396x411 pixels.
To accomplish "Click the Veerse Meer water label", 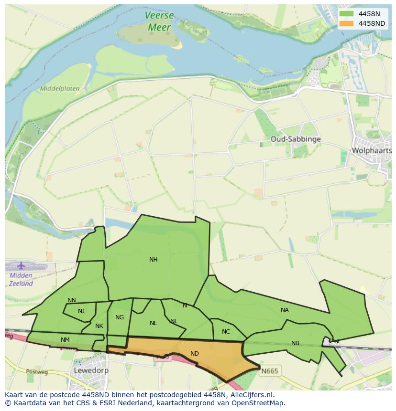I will pyautogui.click(x=159, y=21).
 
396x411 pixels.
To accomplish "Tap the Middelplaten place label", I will pyautogui.click(x=60, y=89).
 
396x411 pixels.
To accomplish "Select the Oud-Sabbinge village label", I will pyautogui.click(x=295, y=139).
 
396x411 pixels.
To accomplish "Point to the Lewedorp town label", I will pyautogui.click(x=91, y=370).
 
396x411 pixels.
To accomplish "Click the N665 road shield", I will pyautogui.click(x=269, y=371).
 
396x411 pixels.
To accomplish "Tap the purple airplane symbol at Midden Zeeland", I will pyautogui.click(x=21, y=265).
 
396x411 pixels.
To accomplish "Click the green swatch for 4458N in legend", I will pyautogui.click(x=347, y=14).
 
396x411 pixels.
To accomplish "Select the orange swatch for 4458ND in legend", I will pyautogui.click(x=347, y=23).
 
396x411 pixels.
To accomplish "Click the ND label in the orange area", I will pyautogui.click(x=194, y=354).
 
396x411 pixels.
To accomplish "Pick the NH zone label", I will pyautogui.click(x=153, y=260).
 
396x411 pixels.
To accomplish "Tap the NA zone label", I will pyautogui.click(x=285, y=310).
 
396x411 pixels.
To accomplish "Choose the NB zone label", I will pyautogui.click(x=295, y=343).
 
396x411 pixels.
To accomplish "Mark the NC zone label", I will pyautogui.click(x=226, y=332).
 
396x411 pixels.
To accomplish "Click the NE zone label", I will pyautogui.click(x=153, y=323).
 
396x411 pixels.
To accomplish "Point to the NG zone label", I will pyautogui.click(x=120, y=317).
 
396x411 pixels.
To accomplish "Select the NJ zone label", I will pyautogui.click(x=81, y=311).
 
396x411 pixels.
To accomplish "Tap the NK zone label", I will pyautogui.click(x=99, y=326).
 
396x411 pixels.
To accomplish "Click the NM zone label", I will pyautogui.click(x=65, y=340).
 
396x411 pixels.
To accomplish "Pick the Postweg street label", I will pyautogui.click(x=34, y=371).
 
